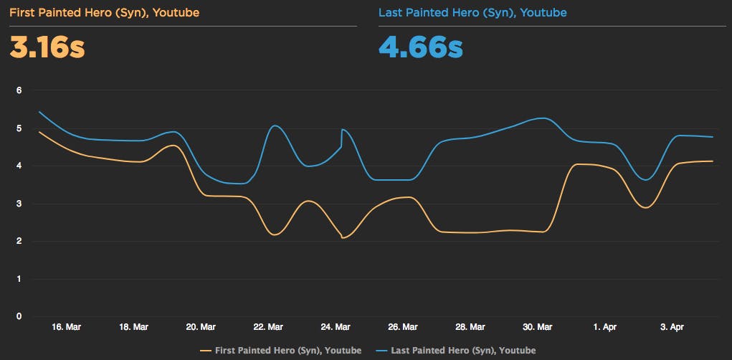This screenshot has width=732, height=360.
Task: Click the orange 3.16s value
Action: pos(47,48)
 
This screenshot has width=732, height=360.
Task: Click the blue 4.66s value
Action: pos(421,48)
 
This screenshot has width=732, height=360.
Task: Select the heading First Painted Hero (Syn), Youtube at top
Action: pos(105,12)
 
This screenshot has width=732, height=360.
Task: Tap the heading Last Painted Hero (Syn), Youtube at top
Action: pos(472,12)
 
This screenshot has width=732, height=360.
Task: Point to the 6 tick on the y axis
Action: pos(20,90)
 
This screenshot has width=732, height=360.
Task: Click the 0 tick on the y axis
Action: pos(20,316)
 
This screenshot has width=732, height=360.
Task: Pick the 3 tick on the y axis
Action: pos(20,204)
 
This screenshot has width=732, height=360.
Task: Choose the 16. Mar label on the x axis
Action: pos(66,327)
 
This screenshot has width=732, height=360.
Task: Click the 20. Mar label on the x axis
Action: pos(201,327)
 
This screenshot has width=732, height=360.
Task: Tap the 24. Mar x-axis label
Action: pos(336,327)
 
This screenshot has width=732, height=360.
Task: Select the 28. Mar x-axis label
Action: pos(470,327)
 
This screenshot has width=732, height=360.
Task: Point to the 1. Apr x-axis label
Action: pos(605,327)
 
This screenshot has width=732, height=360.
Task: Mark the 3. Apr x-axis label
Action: pos(672,327)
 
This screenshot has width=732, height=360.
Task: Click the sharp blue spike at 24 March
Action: pos(342,130)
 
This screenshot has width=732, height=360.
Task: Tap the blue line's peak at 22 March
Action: pos(275,126)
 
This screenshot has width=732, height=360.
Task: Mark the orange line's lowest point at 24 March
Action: pos(343,237)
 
